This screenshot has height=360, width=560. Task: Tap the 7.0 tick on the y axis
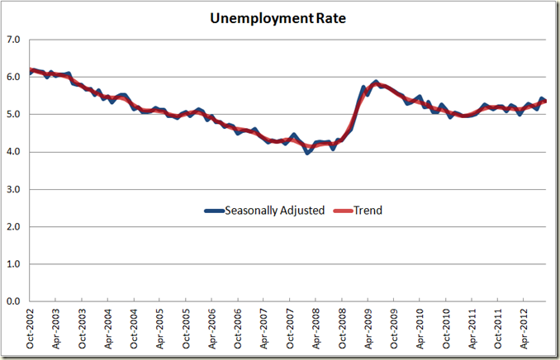pyautogui.click(x=14, y=40)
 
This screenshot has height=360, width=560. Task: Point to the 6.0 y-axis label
pyautogui.click(x=14, y=77)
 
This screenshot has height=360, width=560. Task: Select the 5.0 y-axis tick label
pyautogui.click(x=14, y=114)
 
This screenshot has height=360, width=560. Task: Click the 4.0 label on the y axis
pyautogui.click(x=14, y=152)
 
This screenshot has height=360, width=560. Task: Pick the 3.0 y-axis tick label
pyautogui.click(x=14, y=189)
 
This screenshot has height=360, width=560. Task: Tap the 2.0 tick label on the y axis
pyautogui.click(x=14, y=226)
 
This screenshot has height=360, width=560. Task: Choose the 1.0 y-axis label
pyautogui.click(x=14, y=264)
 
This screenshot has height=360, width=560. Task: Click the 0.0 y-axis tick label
pyautogui.click(x=14, y=301)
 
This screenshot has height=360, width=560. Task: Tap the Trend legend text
pyautogui.click(x=368, y=211)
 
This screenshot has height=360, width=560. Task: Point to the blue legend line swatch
pyautogui.click(x=216, y=211)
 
